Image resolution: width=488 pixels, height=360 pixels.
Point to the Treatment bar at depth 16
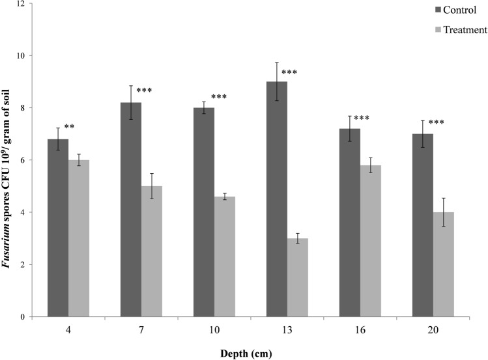(x=371, y=241)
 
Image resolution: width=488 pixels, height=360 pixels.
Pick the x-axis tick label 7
(x=141, y=329)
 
